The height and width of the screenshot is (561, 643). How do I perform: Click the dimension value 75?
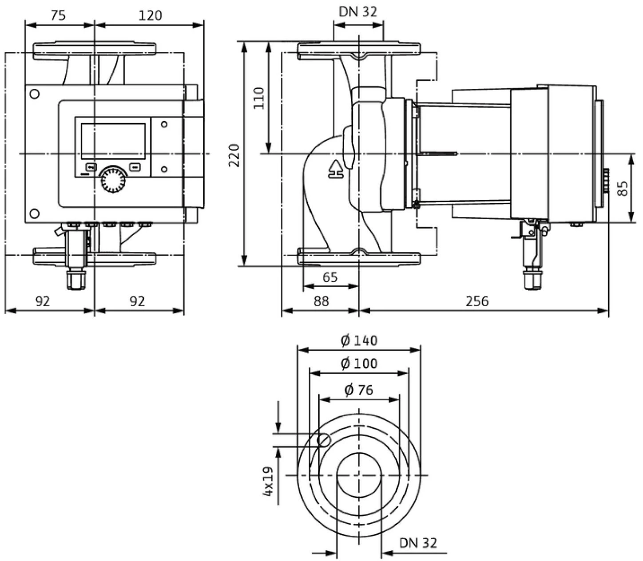click(58, 16)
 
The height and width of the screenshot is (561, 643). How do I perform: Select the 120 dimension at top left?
click(151, 16)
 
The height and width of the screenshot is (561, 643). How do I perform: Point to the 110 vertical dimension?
click(259, 98)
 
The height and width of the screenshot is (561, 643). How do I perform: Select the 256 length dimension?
click(477, 301)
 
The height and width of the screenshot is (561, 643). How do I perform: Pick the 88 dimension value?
click(321, 301)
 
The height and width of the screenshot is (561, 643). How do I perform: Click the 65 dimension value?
click(330, 277)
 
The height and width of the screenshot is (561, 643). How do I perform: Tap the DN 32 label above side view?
click(358, 12)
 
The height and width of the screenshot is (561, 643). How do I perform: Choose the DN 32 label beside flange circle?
click(418, 543)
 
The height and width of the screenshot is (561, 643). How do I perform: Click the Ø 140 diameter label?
click(359, 340)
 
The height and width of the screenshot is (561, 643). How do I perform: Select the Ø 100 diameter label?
click(359, 363)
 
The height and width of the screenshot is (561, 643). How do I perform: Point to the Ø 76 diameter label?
click(359, 390)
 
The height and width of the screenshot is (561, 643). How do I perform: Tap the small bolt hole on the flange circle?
click(324, 440)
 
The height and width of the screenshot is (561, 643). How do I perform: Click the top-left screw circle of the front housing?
click(34, 94)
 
